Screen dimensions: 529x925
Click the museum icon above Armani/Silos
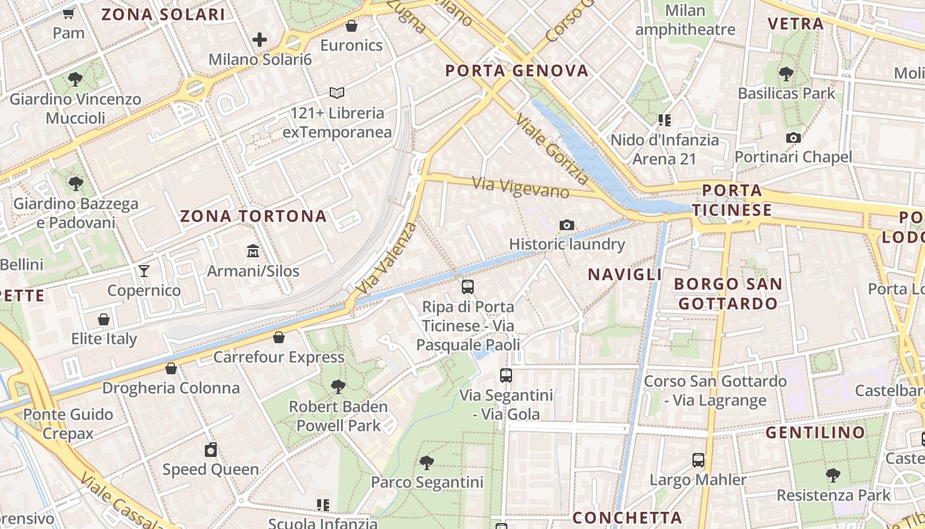pos(252,251)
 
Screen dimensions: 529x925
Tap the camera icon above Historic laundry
pos(566,225)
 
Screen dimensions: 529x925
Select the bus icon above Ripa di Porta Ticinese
pos(468,287)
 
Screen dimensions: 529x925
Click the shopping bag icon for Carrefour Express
pos(279,337)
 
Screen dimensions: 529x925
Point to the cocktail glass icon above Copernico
pos(144,270)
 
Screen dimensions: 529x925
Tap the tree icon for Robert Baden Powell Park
pos(338,386)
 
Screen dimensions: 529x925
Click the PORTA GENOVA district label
pos(517,71)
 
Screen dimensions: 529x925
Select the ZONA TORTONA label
pos(254,216)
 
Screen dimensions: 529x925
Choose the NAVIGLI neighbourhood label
pos(624,274)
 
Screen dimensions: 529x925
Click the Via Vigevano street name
pos(521,187)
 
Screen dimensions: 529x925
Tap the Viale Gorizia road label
pos(552,149)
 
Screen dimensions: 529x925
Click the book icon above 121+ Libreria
pos(337,93)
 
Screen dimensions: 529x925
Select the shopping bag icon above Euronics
pos(351,26)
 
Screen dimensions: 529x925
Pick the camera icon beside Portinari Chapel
pos(794,138)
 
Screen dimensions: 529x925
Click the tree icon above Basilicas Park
pos(786,73)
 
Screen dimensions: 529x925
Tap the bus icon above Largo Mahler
pos(698,460)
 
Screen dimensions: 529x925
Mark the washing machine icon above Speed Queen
pos(211,450)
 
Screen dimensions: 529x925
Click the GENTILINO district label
pos(815,432)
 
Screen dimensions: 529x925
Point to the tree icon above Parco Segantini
pos(427,462)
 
